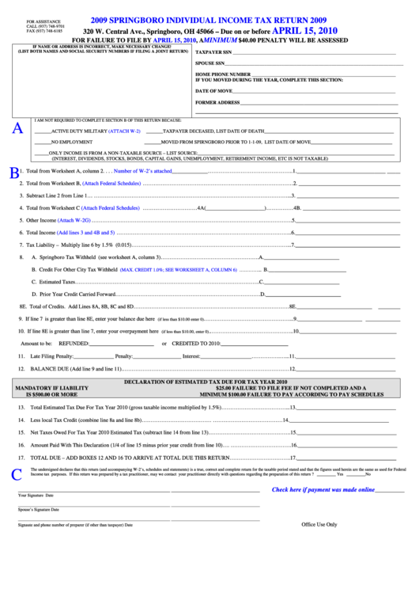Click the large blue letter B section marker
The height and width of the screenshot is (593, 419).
pos(13,173)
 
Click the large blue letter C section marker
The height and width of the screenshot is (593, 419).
pos(17,475)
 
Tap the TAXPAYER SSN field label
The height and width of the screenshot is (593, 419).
pos(213,51)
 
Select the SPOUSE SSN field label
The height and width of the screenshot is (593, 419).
pos(210,63)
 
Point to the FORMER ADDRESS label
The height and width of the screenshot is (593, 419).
pos(217,102)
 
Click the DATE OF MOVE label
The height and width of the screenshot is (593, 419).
pos(213,91)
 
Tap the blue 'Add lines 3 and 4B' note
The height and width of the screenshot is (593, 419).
pos(86,233)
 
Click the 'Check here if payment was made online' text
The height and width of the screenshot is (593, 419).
pos(323,489)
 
